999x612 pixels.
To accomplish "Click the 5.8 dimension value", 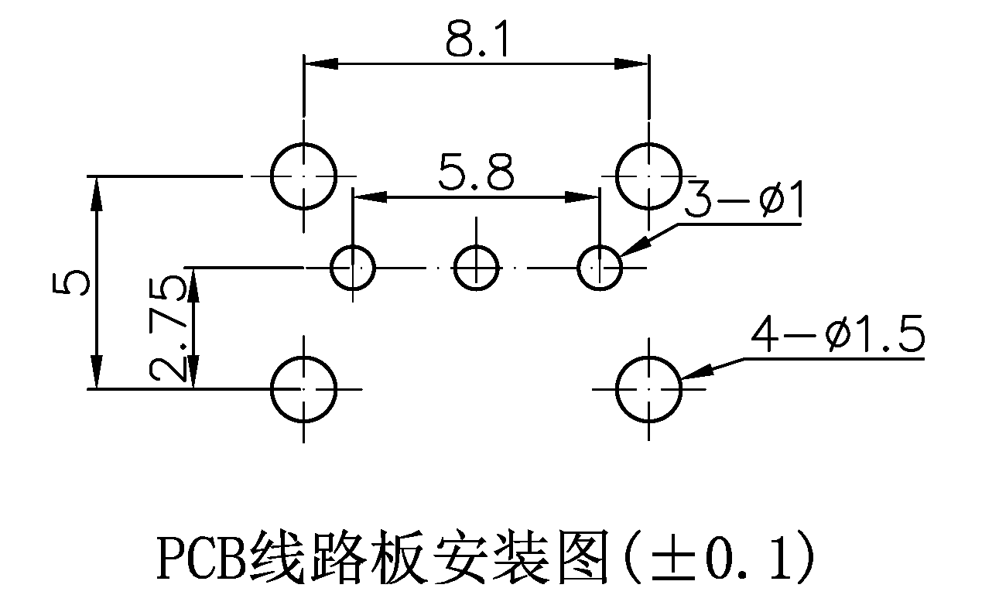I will click(476, 173).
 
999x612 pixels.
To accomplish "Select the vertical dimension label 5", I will click(72, 283).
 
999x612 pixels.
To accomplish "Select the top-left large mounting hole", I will click(304, 176).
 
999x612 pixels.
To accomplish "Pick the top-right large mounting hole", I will click(649, 176).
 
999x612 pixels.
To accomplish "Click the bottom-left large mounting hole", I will click(304, 388).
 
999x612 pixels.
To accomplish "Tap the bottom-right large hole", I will click(649, 388).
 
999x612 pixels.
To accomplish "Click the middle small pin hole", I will click(476, 268).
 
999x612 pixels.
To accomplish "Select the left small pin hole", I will click(353, 268).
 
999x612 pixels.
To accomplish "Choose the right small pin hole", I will click(600, 268).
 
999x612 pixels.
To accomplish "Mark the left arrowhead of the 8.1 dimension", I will click(319, 63).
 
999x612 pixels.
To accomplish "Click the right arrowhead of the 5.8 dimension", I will click(583, 197).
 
